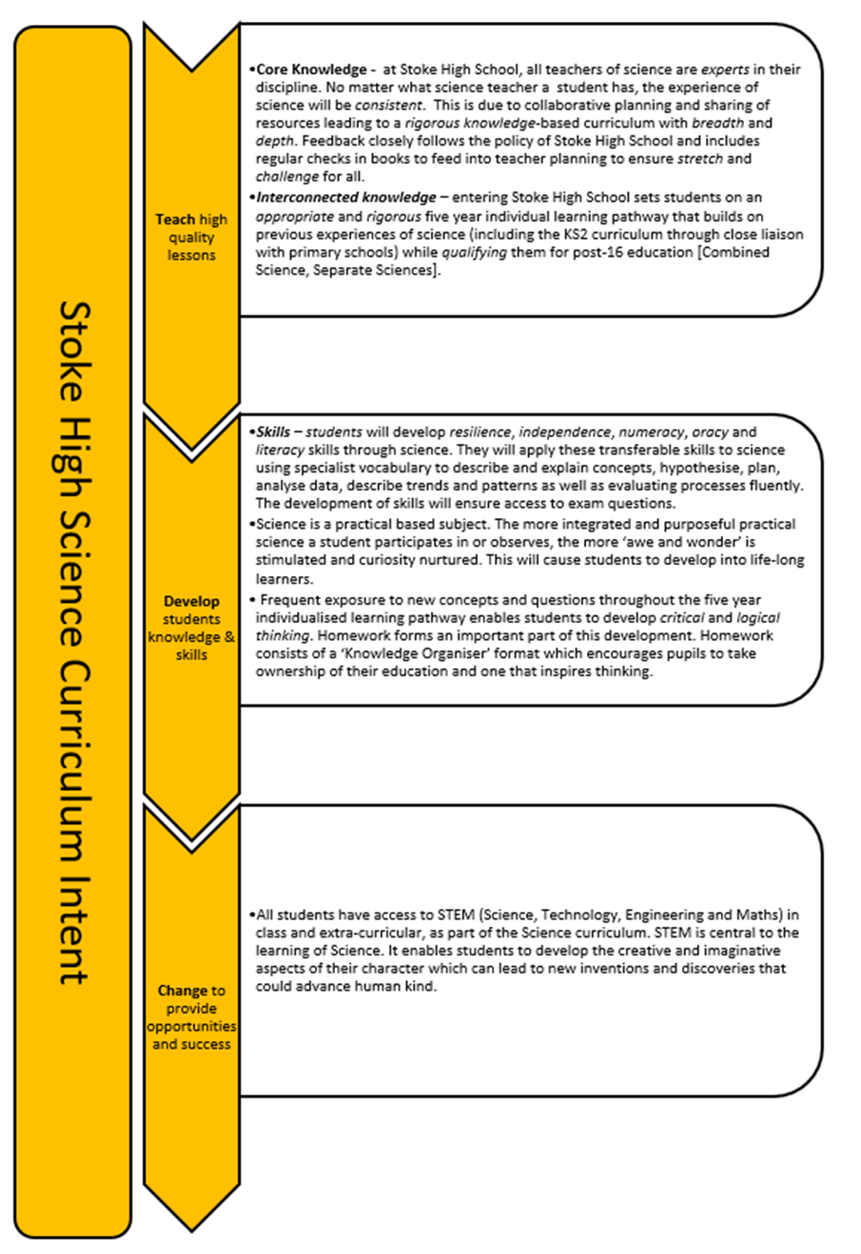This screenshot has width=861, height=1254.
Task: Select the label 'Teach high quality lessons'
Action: (191, 237)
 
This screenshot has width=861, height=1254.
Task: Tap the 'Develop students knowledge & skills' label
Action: (191, 627)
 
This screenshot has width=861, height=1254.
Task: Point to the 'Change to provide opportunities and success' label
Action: (191, 1017)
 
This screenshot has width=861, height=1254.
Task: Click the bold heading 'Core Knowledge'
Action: (311, 69)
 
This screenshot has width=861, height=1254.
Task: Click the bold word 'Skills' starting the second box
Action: (273, 432)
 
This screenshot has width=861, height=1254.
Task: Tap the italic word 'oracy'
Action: (711, 432)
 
